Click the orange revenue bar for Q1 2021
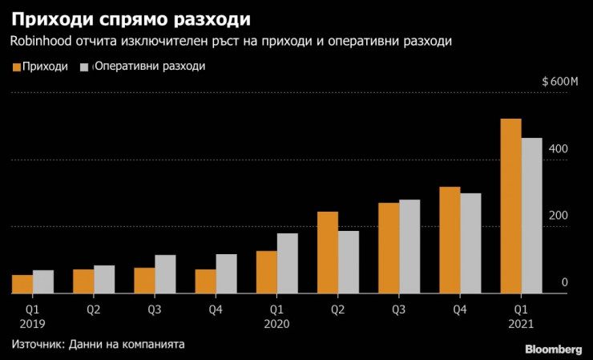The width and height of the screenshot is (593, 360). pyautogui.click(x=510, y=207)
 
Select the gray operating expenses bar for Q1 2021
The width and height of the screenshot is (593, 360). pyautogui.click(x=532, y=216)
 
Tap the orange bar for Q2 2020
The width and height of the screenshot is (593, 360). pyautogui.click(x=328, y=253)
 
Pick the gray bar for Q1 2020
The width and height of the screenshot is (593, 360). pyautogui.click(x=288, y=264)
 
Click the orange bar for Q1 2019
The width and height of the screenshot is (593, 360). pyautogui.click(x=22, y=285)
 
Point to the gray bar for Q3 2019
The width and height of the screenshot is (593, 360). pyautogui.click(x=165, y=274)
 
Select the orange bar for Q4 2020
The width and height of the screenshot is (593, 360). pyautogui.click(x=450, y=241)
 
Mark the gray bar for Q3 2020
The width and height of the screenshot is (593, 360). pyautogui.click(x=409, y=247)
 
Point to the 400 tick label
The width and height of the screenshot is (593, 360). pyautogui.click(x=559, y=150)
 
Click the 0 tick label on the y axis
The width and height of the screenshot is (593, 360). pyautogui.click(x=564, y=282)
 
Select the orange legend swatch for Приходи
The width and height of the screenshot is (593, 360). pyautogui.click(x=17, y=67)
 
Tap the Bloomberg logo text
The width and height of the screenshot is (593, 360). pyautogui.click(x=553, y=349)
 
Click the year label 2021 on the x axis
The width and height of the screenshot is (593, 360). pyautogui.click(x=521, y=324)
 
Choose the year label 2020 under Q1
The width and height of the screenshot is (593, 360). pyautogui.click(x=276, y=324)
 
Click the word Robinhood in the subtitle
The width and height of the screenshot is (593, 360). pyautogui.click(x=41, y=40)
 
